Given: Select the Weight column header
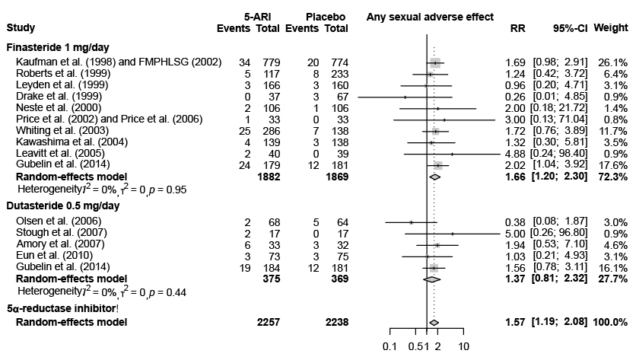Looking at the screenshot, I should pos(613,28).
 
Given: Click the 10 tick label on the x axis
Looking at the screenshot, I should pos(463,348).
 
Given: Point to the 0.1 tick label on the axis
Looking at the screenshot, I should pos(390,348).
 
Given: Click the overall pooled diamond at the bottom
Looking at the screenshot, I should pos(434,323).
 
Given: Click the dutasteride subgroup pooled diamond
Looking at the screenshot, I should pos(431,279).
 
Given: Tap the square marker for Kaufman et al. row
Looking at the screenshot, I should pos(434,62).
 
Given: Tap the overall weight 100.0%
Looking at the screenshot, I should pos(612,323).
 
